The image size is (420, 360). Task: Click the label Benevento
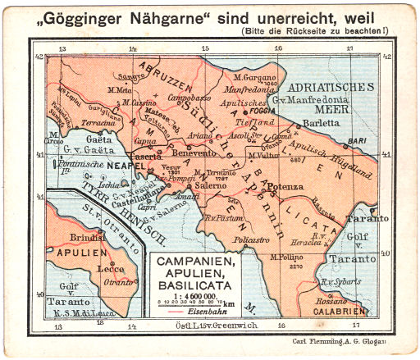(199, 153)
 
